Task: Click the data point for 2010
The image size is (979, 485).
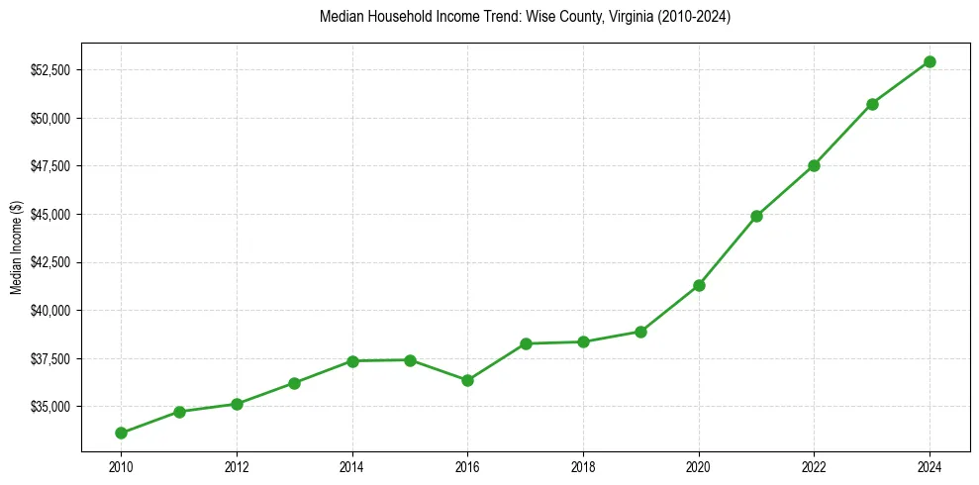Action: tap(121, 433)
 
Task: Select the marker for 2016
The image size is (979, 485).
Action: tap(467, 380)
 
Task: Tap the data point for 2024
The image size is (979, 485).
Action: tap(930, 61)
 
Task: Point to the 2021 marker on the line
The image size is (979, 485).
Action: tap(756, 216)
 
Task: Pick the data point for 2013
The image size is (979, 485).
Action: tap(294, 383)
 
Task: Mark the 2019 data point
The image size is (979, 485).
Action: tap(640, 332)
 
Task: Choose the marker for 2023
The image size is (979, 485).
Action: tap(872, 104)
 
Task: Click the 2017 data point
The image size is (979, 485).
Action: tap(526, 343)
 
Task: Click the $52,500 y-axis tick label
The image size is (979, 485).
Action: tap(49, 70)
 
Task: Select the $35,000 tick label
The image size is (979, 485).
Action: tap(49, 407)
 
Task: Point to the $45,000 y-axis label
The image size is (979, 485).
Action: tap(49, 215)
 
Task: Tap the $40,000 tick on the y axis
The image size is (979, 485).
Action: tap(49, 311)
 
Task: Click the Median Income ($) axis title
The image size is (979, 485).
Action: tap(16, 247)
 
